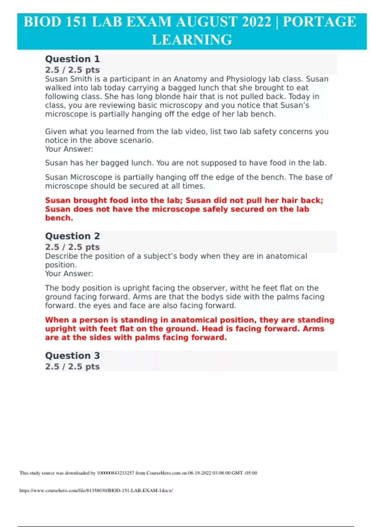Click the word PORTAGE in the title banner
[x=319, y=22]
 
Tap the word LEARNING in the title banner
[x=192, y=40]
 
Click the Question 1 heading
[x=73, y=59]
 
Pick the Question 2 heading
[x=73, y=236]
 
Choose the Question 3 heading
[x=73, y=356]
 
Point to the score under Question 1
[x=72, y=70]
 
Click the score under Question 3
[x=72, y=366]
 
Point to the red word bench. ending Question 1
[x=59, y=218]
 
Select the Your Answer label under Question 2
[x=69, y=274]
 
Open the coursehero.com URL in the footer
[x=96, y=490]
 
